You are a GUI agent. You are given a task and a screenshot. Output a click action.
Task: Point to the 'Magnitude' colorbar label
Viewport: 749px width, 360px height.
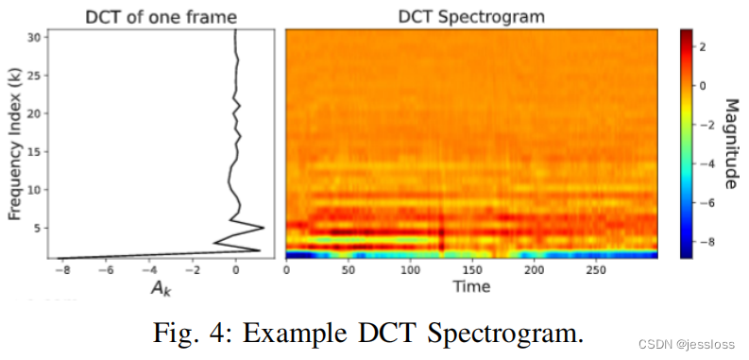tap(731, 143)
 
